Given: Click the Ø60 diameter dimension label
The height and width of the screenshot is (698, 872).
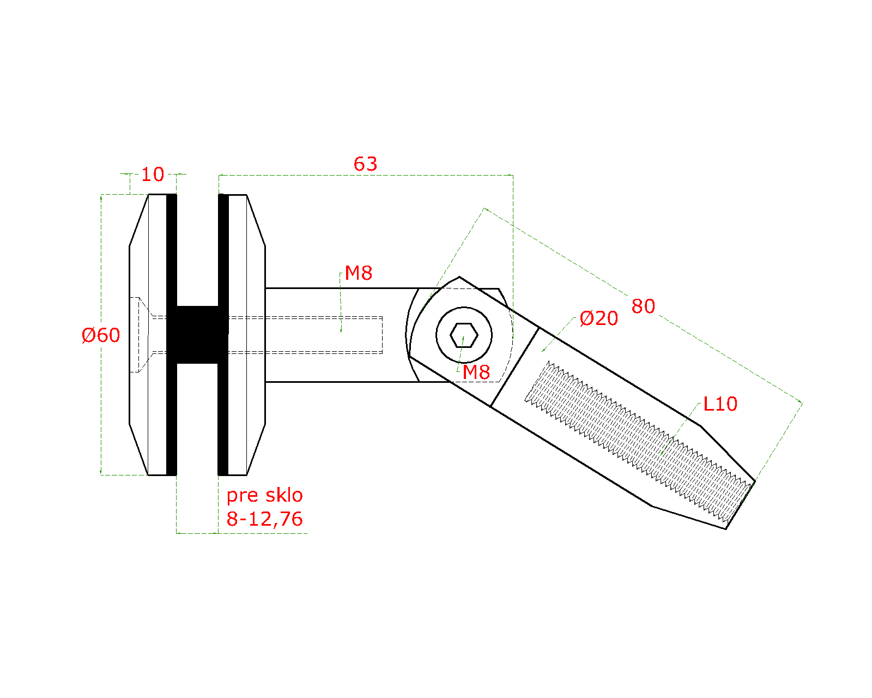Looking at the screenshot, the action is pyautogui.click(x=100, y=335).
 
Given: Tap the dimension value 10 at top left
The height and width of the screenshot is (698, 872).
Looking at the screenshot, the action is pyautogui.click(x=153, y=174).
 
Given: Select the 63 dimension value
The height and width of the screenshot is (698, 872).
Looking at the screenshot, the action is pyautogui.click(x=365, y=164).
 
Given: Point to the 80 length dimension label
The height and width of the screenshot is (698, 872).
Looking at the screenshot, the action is pyautogui.click(x=643, y=306).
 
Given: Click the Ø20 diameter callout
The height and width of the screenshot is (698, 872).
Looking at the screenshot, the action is pyautogui.click(x=598, y=318).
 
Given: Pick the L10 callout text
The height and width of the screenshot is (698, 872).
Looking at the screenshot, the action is pyautogui.click(x=720, y=404).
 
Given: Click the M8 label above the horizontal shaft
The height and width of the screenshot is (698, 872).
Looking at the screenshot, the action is pyautogui.click(x=358, y=273).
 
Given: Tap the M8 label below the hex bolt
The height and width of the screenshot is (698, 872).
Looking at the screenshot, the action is pyautogui.click(x=476, y=372).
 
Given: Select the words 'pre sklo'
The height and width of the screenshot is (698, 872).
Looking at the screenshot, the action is pyautogui.click(x=265, y=496).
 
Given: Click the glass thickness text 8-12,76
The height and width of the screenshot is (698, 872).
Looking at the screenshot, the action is pyautogui.click(x=265, y=519).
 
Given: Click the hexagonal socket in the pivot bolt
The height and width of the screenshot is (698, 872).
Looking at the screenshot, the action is pyautogui.click(x=464, y=335).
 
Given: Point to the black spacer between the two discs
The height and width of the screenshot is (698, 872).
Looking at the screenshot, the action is pyautogui.click(x=197, y=335).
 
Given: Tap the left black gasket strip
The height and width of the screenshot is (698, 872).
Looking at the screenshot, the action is pyautogui.click(x=171, y=335).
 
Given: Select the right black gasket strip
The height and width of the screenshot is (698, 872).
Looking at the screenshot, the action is pyautogui.click(x=223, y=335).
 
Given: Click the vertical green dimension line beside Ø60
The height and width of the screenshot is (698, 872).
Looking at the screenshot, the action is pyautogui.click(x=101, y=335).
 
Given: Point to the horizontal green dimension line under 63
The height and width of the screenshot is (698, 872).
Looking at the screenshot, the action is pyautogui.click(x=366, y=175).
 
